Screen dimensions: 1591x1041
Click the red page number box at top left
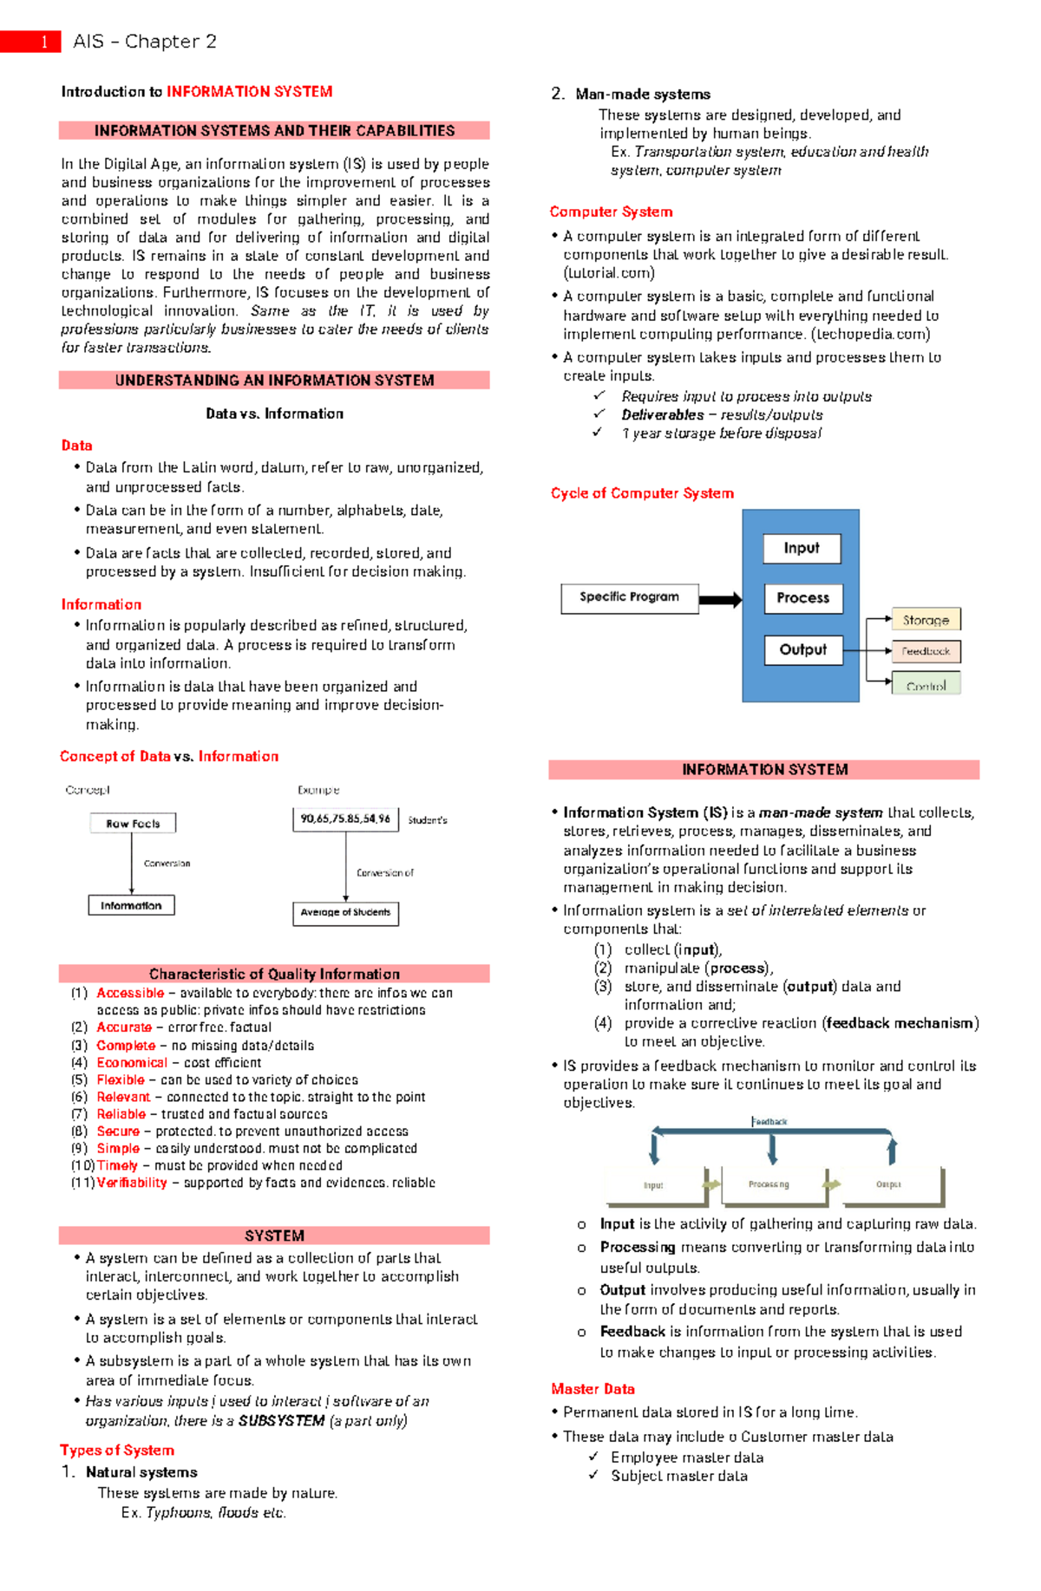(x=31, y=42)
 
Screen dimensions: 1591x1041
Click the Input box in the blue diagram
(x=802, y=548)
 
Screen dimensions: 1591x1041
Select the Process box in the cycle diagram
(x=803, y=598)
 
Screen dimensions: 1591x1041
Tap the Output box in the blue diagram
(x=803, y=649)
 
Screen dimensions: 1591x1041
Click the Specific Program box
(x=629, y=597)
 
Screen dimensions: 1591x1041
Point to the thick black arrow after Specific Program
(x=720, y=599)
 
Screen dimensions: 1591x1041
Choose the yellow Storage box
(x=926, y=620)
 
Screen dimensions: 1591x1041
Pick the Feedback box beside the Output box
(x=926, y=651)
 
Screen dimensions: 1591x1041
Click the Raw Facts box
(x=133, y=823)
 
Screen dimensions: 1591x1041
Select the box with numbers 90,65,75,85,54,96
(x=345, y=818)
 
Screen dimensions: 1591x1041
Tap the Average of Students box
(x=345, y=912)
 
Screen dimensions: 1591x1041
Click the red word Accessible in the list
(x=130, y=993)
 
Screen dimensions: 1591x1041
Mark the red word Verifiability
(x=132, y=1183)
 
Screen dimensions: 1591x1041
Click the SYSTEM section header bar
(x=274, y=1236)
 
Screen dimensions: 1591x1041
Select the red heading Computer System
(x=611, y=212)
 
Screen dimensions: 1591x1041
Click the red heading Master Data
(x=593, y=1388)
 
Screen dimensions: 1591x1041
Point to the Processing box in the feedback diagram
(x=769, y=1184)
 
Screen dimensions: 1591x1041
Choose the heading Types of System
(x=117, y=1450)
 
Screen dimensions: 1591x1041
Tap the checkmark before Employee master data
(x=594, y=1457)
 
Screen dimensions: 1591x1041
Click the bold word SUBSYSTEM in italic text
(x=281, y=1420)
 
